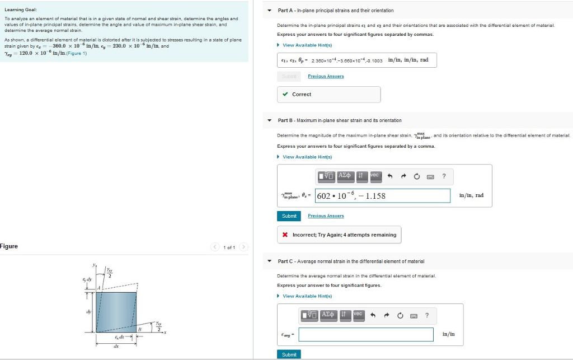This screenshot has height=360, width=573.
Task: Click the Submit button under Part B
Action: point(289,216)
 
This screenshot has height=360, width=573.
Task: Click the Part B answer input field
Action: point(383,195)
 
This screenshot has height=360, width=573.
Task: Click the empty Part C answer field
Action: point(366,334)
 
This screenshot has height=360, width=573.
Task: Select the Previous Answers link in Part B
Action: point(326,216)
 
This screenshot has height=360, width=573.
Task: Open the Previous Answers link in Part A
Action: point(326,76)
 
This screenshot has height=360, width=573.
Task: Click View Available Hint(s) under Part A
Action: point(307,45)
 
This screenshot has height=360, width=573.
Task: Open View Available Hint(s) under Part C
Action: point(307,296)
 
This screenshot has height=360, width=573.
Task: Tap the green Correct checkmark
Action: point(285,95)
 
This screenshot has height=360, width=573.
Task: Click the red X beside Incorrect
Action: point(285,235)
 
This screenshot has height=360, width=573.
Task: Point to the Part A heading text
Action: point(335,11)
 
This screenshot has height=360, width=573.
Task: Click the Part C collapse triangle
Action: point(269,261)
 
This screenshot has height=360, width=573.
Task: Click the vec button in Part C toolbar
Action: point(358,315)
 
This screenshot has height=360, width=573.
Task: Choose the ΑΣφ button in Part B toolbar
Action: point(344,176)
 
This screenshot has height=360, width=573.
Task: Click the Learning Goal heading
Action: point(21,10)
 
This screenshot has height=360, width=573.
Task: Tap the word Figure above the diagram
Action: point(9,246)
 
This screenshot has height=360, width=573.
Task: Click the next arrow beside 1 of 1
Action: point(243,247)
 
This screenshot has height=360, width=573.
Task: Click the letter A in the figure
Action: point(98,287)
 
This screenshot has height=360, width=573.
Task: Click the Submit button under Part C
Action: point(289,354)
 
